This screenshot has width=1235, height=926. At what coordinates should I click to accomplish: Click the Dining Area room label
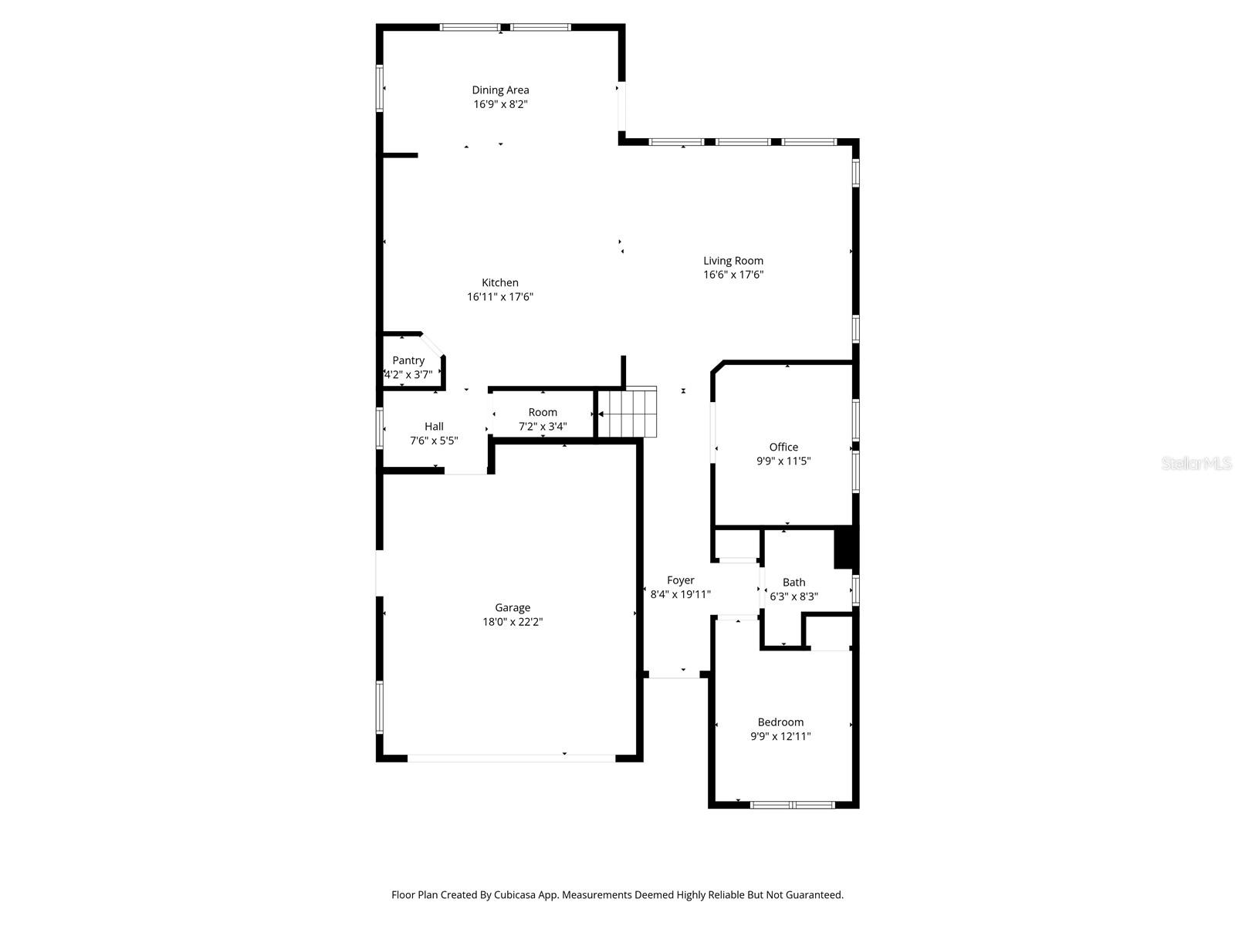pyautogui.click(x=500, y=90)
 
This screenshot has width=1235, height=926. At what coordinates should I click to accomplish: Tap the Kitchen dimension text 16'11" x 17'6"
pyautogui.click(x=500, y=297)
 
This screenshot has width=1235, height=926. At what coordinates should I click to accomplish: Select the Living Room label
pyautogui.click(x=733, y=261)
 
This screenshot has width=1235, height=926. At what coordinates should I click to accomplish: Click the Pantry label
pyautogui.click(x=408, y=360)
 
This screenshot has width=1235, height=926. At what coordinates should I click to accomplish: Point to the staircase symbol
pyautogui.click(x=628, y=412)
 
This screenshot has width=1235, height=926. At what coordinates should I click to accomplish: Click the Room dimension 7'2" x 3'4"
pyautogui.click(x=543, y=426)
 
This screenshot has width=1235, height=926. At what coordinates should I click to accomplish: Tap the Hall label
pyautogui.click(x=434, y=426)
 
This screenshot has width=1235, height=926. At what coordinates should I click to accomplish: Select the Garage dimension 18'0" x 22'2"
pyautogui.click(x=513, y=622)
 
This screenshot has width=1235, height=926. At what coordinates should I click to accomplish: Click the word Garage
pyautogui.click(x=513, y=608)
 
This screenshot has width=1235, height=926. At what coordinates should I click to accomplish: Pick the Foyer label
pyautogui.click(x=680, y=580)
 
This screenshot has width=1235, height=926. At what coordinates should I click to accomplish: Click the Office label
pyautogui.click(x=783, y=447)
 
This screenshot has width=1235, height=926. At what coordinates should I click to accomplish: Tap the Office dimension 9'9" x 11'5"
pyautogui.click(x=783, y=461)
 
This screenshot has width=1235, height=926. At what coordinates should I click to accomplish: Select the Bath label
pyautogui.click(x=793, y=583)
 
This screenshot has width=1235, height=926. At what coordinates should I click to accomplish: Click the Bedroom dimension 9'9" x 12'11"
pyautogui.click(x=780, y=737)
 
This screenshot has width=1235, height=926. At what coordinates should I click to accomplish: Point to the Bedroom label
pyautogui.click(x=780, y=722)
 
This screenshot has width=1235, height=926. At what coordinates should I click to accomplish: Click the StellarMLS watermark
pyautogui.click(x=1196, y=464)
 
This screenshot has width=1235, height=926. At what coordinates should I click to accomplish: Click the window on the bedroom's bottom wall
pyautogui.click(x=793, y=805)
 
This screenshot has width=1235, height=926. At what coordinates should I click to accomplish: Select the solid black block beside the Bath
pyautogui.click(x=846, y=546)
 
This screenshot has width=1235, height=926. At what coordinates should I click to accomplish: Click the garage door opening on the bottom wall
pyautogui.click(x=511, y=758)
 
